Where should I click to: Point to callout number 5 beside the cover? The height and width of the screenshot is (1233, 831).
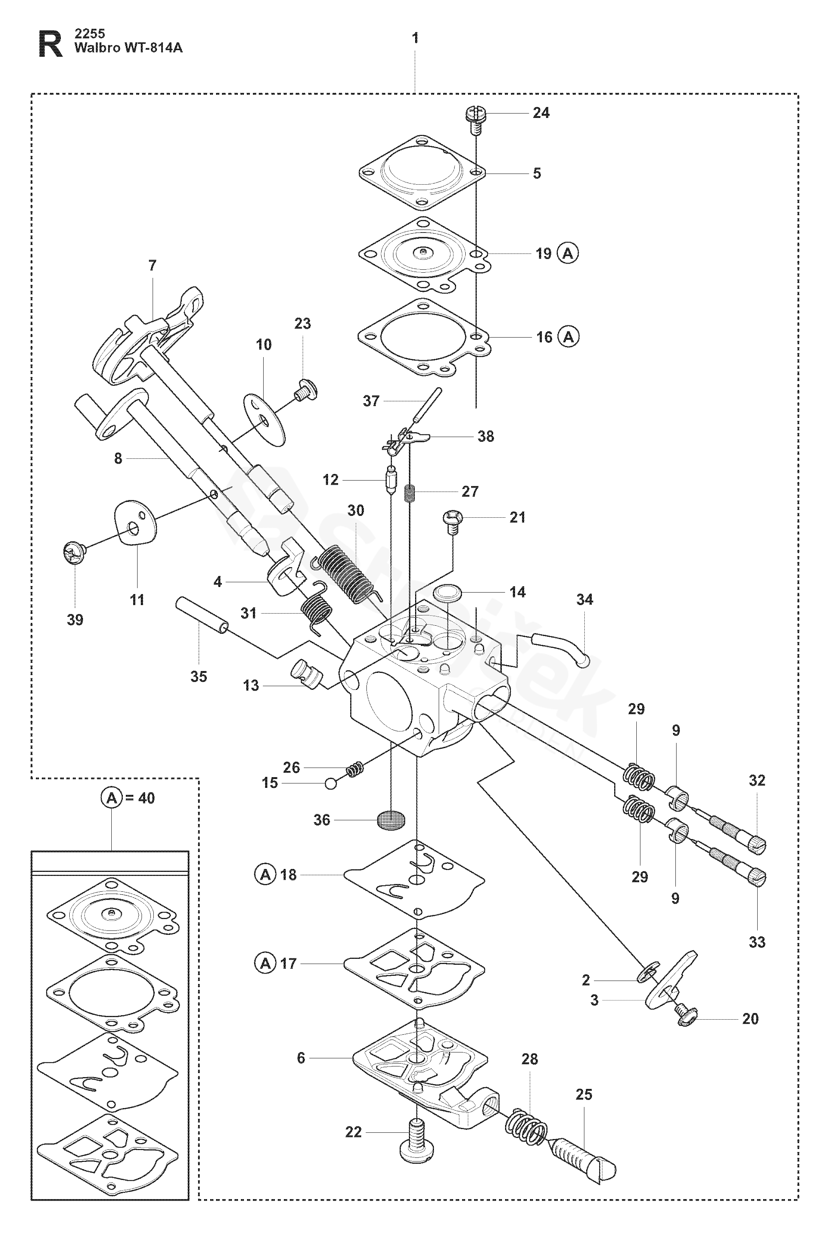pos(537,174)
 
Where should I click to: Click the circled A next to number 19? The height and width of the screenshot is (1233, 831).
pos(568,253)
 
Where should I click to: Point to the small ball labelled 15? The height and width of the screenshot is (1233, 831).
pos(331,783)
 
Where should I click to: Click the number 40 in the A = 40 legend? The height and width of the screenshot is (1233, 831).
pos(146,798)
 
